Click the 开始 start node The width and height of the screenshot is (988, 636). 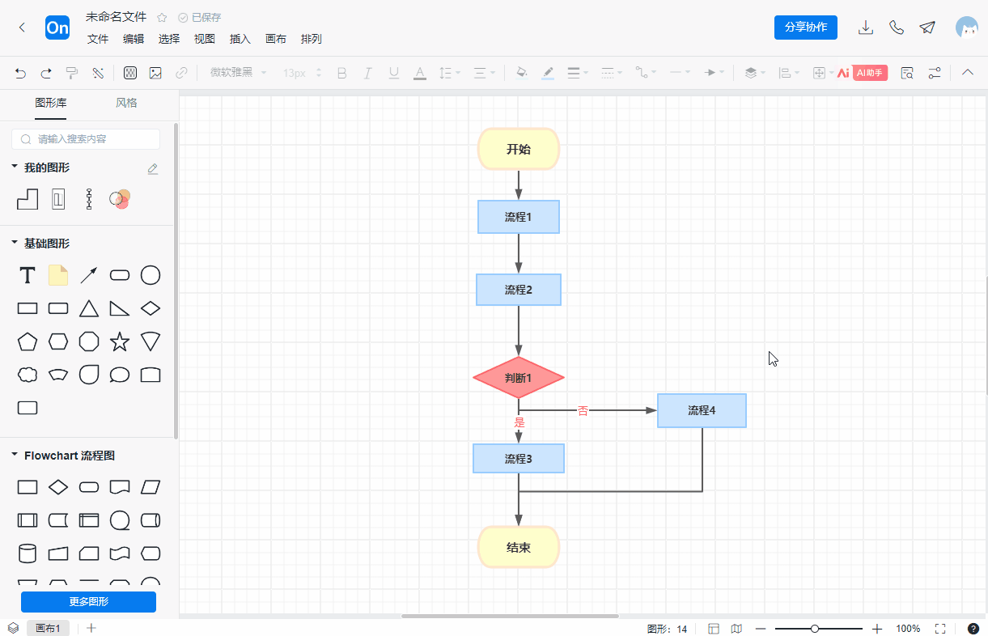[x=518, y=149]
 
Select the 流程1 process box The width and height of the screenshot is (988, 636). [x=518, y=217]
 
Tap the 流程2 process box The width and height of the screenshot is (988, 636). [x=518, y=290]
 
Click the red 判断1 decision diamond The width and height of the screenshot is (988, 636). [x=518, y=378]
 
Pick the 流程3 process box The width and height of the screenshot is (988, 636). [x=518, y=459]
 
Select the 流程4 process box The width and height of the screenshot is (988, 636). [x=702, y=410]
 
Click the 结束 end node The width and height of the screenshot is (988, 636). [x=518, y=547]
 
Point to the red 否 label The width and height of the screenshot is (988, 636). [x=583, y=411]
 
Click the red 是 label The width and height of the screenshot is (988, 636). [x=519, y=422]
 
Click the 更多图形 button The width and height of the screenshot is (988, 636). [x=89, y=601]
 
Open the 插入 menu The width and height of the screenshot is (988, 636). [x=240, y=39]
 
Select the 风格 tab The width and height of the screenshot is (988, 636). [x=126, y=103]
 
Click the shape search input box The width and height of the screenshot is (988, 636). [x=86, y=139]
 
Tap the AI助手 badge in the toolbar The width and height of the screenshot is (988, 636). [x=870, y=73]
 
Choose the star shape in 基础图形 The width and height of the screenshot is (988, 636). [x=120, y=341]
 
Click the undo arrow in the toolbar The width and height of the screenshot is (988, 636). [x=20, y=73]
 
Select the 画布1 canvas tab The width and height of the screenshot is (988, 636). [x=48, y=628]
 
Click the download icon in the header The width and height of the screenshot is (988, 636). [x=865, y=28]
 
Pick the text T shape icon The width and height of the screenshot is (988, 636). [x=28, y=275]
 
